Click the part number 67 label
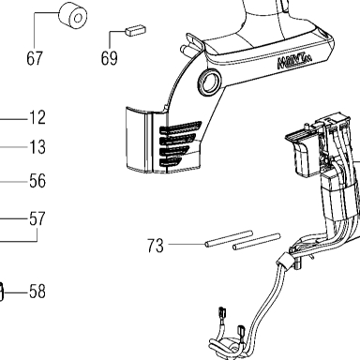pyautogui.click(x=35, y=58)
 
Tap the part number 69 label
pyautogui.click(x=109, y=58)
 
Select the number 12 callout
pyautogui.click(x=37, y=118)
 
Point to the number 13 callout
pyautogui.click(x=37, y=147)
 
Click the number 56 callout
pyautogui.click(x=37, y=181)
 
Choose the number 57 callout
pyautogui.click(x=37, y=218)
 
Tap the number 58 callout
pyautogui.click(x=37, y=292)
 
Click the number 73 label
pyautogui.click(x=156, y=246)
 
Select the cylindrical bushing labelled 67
pyautogui.click(x=73, y=17)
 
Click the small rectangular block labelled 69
pyautogui.click(x=135, y=30)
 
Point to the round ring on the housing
pyautogui.click(x=209, y=82)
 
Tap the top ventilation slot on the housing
pyautogui.click(x=181, y=127)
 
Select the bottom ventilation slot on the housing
pyautogui.click(x=171, y=161)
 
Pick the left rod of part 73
pyautogui.click(x=229, y=239)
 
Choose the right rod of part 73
pyautogui.click(x=256, y=242)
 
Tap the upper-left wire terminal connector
pyautogui.click(x=223, y=313)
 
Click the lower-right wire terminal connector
pyautogui.click(x=242, y=331)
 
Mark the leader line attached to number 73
pyautogui.click(x=187, y=244)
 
